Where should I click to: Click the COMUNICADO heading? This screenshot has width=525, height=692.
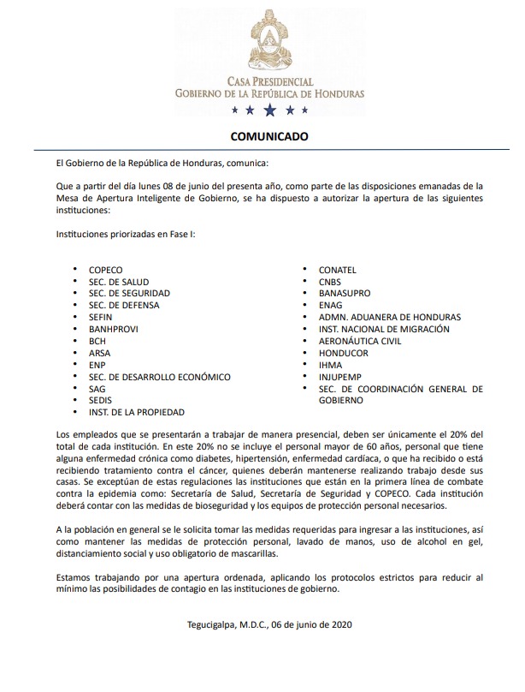(x=268, y=136)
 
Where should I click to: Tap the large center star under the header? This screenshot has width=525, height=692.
(x=268, y=110)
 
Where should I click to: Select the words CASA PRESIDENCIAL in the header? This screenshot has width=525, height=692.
(x=269, y=80)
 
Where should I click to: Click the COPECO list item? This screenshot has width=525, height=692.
(x=105, y=270)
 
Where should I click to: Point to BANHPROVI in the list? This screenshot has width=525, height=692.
(x=114, y=329)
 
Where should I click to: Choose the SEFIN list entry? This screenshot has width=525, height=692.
(x=101, y=317)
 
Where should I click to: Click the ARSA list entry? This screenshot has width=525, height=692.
(x=99, y=353)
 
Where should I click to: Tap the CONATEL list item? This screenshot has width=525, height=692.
(x=338, y=270)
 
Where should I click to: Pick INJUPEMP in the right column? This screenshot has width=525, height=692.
(x=339, y=376)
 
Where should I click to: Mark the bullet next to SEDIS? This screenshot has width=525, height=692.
(x=75, y=400)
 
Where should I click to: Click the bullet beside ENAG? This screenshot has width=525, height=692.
(x=309, y=305)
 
